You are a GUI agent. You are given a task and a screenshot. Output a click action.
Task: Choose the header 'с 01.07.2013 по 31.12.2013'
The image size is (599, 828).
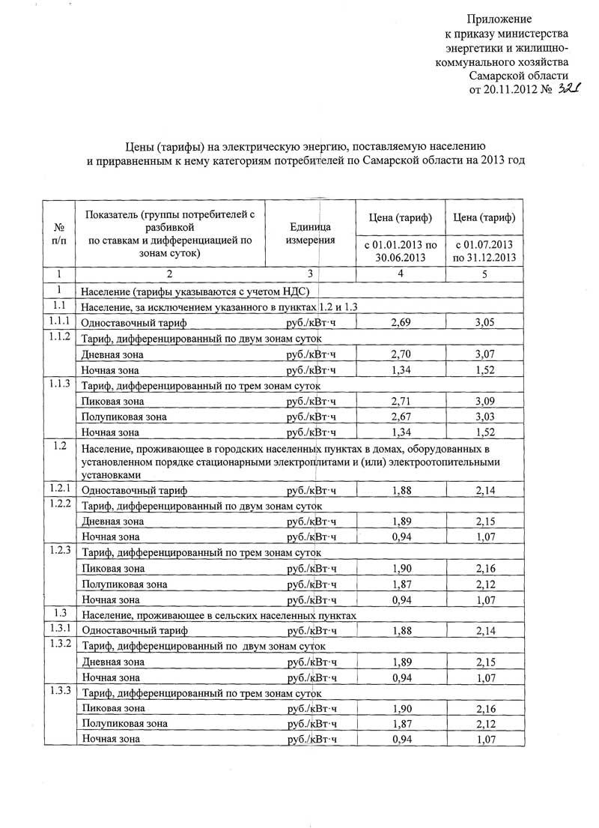coord(484,251)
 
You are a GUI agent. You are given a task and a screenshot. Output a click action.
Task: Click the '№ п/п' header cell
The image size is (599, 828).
coord(59,232)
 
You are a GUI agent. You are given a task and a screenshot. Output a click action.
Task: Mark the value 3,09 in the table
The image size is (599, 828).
coord(486,401)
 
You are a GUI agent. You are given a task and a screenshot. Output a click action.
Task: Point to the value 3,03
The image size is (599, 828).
coord(486,417)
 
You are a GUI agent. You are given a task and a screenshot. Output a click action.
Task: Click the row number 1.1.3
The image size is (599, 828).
coord(59,384)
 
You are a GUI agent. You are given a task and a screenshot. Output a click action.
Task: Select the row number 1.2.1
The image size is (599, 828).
coord(59,489)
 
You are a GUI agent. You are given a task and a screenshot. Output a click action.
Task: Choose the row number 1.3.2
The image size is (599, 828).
coord(59,644)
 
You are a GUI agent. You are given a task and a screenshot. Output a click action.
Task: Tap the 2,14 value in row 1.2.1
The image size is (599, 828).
coord(486,490)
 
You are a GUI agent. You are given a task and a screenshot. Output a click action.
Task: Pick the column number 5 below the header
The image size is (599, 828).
coord(484,274)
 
